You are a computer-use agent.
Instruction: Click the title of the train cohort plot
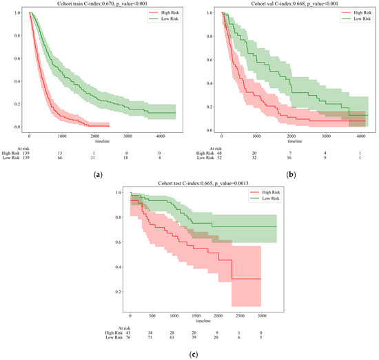pos(96,3)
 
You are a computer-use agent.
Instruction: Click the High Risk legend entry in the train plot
pos(163,12)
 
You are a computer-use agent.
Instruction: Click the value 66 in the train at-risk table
pos(61,158)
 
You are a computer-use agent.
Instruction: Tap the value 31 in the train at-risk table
pos(93,158)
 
